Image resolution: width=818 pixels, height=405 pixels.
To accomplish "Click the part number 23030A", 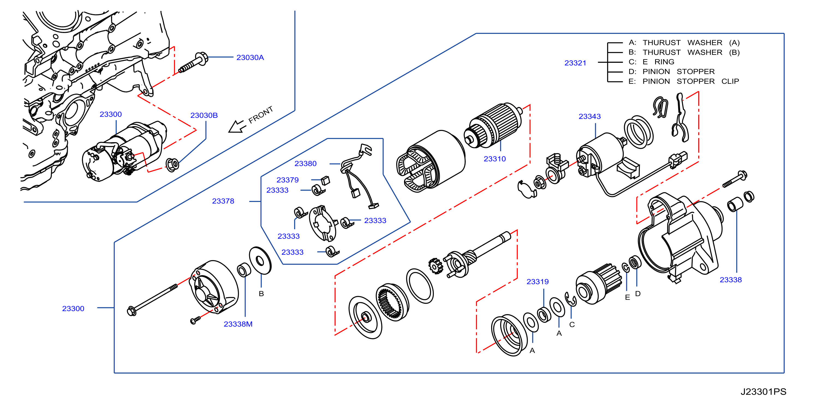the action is click(250, 58).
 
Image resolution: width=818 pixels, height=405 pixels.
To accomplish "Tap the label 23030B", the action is click(204, 115).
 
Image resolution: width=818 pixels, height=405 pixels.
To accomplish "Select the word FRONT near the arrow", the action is click(260, 115).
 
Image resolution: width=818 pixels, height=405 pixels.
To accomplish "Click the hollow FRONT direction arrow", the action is click(237, 126).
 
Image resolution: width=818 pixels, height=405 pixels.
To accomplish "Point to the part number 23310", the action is click(494, 159).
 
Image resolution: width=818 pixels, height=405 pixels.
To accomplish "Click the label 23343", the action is click(589, 116).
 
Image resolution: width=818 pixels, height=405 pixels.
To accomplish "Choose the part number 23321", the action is click(575, 63).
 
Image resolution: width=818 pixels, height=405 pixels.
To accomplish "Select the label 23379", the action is click(287, 180).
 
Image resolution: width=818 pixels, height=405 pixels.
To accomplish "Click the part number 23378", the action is click(223, 201).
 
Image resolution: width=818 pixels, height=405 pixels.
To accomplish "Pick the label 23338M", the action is click(238, 324).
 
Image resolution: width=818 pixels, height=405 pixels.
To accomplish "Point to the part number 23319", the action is click(537, 281).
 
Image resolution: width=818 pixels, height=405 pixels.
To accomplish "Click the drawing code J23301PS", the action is click(763, 392).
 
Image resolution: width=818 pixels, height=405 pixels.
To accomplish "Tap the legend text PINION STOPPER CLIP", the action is click(691, 81).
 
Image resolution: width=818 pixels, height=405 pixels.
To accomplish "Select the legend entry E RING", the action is click(658, 62).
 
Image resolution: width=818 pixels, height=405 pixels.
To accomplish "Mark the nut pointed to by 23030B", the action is click(172, 165).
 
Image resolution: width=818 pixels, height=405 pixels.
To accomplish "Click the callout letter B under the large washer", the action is click(261, 293).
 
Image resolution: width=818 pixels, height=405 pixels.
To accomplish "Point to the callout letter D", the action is click(638, 293).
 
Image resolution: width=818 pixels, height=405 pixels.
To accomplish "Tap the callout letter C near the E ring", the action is click(572, 324).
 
